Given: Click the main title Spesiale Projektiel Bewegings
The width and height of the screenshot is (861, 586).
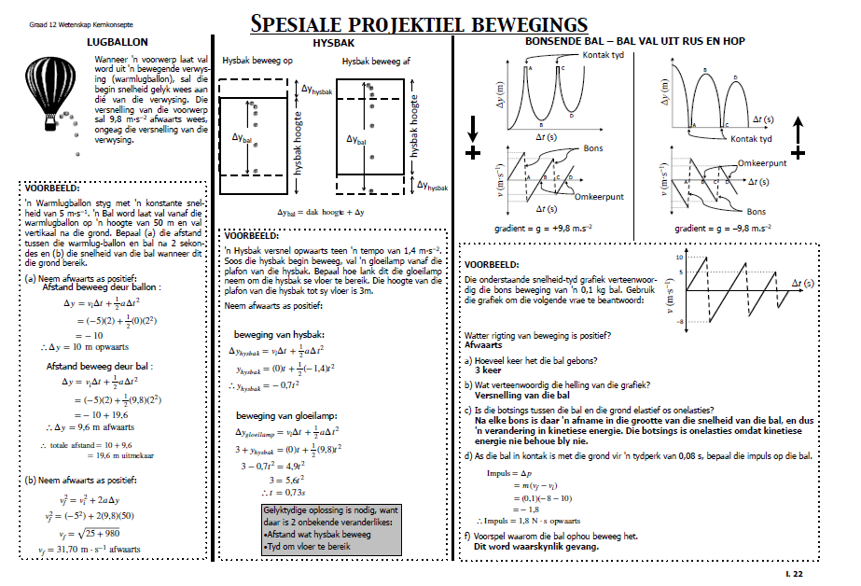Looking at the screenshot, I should point(419,22).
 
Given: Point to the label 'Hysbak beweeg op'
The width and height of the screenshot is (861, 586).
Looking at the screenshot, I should point(257,61).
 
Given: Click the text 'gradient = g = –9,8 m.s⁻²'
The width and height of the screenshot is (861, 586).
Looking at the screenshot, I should point(723,227).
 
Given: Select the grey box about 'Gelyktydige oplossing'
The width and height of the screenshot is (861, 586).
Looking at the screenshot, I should point(331,529).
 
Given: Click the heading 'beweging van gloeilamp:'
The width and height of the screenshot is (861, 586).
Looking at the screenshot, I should point(285,414).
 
